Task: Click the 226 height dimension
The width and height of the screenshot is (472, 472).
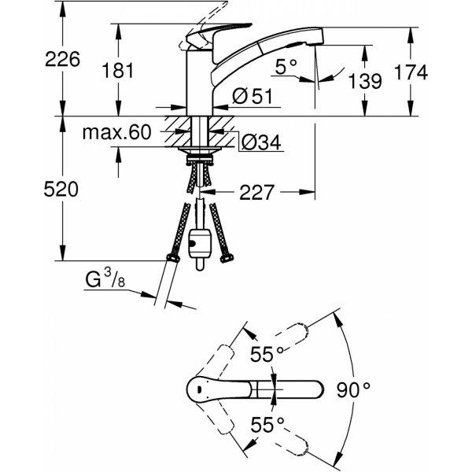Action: [63, 59]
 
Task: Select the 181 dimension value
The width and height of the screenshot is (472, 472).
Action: [118, 71]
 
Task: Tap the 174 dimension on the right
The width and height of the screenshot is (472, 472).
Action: [411, 72]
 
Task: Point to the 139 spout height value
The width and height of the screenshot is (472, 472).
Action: [365, 81]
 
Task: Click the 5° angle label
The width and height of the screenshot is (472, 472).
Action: [286, 67]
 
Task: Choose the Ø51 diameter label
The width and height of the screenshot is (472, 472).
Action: [253, 96]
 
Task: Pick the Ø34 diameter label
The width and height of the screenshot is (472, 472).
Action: [261, 142]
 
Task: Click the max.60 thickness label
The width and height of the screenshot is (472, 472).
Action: [116, 132]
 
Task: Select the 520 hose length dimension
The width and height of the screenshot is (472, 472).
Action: [61, 190]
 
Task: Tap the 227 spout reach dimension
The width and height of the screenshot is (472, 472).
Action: [256, 193]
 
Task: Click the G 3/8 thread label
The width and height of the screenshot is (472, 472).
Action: [105, 279]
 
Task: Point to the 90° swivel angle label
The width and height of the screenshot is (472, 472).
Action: [353, 390]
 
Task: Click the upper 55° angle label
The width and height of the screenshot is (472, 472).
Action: [267, 354]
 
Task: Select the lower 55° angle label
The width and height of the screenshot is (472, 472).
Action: [267, 425]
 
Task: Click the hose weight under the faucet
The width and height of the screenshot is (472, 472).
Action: [200, 243]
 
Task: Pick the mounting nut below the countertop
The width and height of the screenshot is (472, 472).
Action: [200, 159]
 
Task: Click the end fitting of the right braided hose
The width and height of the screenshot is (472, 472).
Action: [227, 258]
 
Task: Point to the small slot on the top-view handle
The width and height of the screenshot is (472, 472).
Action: [198, 390]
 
